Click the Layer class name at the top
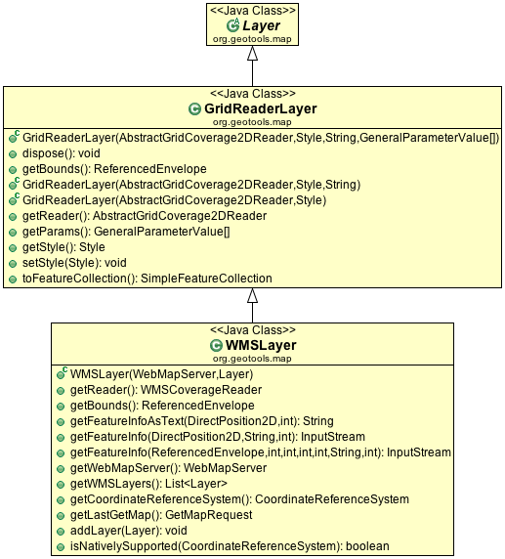pos(261,25)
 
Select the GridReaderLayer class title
pos(261,108)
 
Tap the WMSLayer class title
pos(261,345)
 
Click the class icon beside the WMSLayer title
pos(216,345)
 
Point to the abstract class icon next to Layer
pos(233,25)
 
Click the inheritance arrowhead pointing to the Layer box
pos(252,53)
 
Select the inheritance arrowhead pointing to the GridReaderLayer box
pos(252,295)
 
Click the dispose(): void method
pos(61,153)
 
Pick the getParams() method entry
pos(126,232)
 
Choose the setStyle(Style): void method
pos(74,263)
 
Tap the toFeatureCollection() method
pos(147,279)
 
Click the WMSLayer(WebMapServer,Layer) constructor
pos(161,374)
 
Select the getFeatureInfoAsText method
pos(202,421)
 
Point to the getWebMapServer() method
pos(168,468)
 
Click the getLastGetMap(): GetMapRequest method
pos(161,515)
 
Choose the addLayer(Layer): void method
pos(128,531)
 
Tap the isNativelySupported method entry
pos(230,546)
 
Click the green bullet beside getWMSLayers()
pos(61,485)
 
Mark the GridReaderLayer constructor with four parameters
pos(261,138)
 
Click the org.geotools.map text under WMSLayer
pos(252,359)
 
